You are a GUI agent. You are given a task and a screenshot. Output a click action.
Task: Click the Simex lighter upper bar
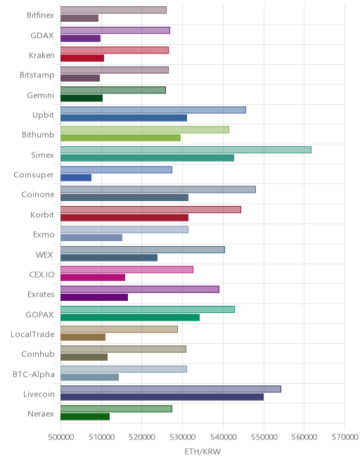tap(186, 150)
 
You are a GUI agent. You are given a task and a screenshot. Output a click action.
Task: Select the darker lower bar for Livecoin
tap(162, 397)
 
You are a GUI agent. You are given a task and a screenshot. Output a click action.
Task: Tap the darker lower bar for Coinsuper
tap(76, 178)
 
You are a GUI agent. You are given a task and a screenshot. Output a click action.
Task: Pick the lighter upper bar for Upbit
tap(153, 110)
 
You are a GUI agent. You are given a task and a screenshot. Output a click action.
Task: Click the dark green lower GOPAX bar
tap(130, 318)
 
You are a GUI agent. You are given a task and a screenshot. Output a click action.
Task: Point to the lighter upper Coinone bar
tap(158, 189)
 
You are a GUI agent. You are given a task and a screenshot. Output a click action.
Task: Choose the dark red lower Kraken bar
tap(82, 58)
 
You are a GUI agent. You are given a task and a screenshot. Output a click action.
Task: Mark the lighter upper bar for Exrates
tap(140, 290)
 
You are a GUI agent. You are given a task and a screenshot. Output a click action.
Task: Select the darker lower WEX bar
tap(109, 258)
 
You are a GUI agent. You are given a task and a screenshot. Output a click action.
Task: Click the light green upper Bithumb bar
tap(145, 129)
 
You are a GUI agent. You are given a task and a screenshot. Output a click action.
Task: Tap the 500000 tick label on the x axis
tap(60, 437)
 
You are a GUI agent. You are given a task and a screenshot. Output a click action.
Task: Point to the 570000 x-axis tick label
tap(345, 437)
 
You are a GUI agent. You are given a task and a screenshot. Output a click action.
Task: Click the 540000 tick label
tap(223, 437)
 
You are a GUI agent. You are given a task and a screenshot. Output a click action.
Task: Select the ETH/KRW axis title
tap(202, 451)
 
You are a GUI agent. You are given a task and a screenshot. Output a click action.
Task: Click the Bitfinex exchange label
tap(40, 15)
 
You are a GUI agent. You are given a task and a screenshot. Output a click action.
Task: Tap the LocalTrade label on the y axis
tap(32, 334)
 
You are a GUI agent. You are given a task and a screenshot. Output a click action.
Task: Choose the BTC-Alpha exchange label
tap(34, 374)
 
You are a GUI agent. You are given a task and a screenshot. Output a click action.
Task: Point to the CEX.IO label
tap(41, 275)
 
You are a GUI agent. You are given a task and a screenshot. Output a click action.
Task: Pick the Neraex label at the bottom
tap(41, 413)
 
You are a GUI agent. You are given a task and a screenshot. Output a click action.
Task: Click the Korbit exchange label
tap(42, 214)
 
